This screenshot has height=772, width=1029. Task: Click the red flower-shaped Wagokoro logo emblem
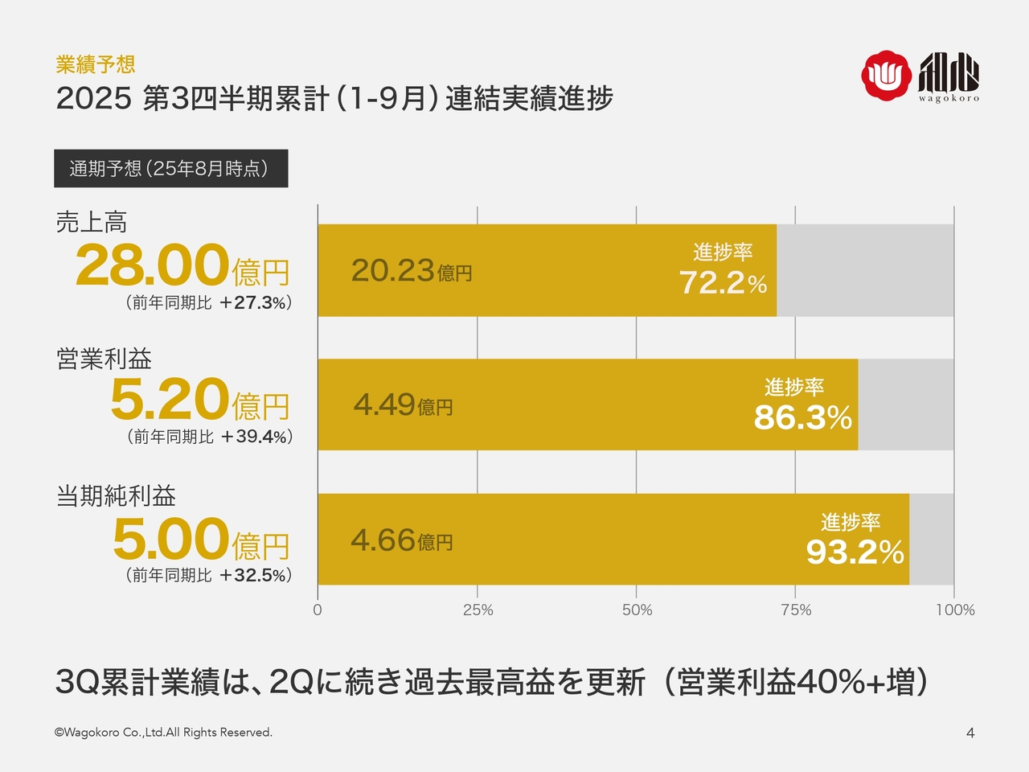(887, 76)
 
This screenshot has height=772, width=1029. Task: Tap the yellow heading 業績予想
(95, 64)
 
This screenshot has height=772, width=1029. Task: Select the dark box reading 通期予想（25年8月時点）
(170, 169)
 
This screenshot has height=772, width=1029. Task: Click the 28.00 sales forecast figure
(153, 266)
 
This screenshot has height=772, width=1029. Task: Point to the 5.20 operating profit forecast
(170, 400)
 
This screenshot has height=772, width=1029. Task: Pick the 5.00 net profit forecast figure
(170, 540)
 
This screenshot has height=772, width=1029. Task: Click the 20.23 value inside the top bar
(393, 271)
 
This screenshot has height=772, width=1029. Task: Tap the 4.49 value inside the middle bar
(384, 404)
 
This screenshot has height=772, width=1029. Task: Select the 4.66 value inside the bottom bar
(383, 540)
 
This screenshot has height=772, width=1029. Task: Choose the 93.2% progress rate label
(855, 552)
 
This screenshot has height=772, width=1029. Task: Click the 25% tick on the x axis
(478, 610)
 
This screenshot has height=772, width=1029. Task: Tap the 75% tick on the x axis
(795, 610)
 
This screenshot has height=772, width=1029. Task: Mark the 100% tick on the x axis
(954, 610)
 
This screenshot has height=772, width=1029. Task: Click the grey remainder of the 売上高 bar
(865, 270)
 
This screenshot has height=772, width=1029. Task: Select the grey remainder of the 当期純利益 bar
(931, 540)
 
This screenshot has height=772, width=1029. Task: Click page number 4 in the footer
(970, 733)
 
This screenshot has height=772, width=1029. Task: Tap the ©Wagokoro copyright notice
(163, 733)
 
